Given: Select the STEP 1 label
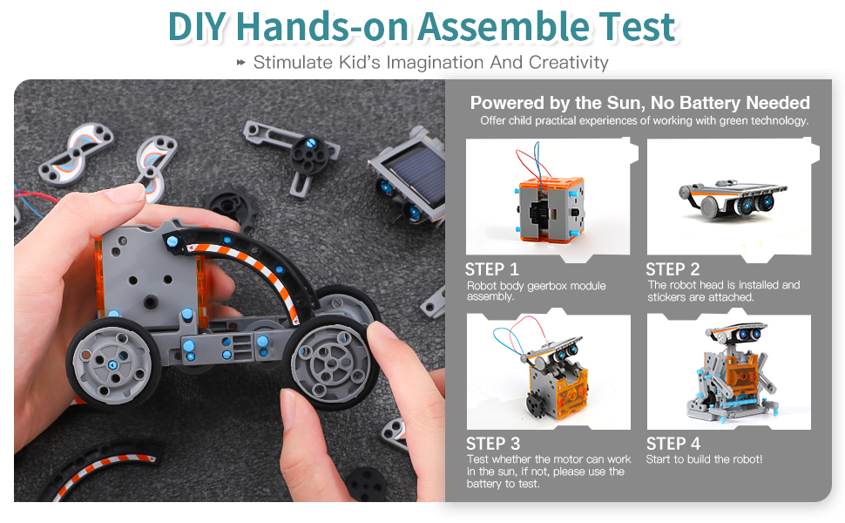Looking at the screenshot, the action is point(491,269).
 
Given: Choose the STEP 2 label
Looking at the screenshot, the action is point(673,269).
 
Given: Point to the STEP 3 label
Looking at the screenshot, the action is point(493,444).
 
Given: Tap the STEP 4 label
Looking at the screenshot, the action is point(673,444).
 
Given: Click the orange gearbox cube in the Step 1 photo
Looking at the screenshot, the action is point(549,208).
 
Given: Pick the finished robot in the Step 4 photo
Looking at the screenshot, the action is point(731,372).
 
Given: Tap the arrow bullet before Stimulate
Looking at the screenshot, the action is point(241,63).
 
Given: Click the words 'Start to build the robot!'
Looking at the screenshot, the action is point(705,459).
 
